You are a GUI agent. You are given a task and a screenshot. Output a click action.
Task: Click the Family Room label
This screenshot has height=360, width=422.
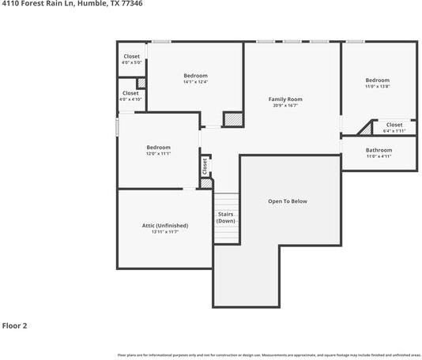click(285, 99)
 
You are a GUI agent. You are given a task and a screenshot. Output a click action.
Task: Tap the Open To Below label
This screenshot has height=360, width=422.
click(288, 201)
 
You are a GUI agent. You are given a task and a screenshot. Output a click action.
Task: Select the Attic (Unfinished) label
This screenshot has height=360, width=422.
click(165, 226)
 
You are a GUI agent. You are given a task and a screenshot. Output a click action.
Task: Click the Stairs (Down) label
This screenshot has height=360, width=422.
click(226, 217)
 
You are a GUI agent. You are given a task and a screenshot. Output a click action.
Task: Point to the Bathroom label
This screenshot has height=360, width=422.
click(379, 150)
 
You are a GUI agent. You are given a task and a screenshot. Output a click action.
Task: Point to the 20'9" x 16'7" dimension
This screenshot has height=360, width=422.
click(285, 105)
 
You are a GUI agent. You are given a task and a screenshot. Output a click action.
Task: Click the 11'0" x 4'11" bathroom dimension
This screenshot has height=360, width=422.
click(379, 156)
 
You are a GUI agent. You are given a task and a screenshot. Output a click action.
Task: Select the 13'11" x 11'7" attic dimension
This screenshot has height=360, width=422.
click(165, 232)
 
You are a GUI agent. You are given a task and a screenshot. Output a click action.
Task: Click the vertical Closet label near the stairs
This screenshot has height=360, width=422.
click(205, 166)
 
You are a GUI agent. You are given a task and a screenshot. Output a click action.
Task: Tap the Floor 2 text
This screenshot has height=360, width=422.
click(14, 324)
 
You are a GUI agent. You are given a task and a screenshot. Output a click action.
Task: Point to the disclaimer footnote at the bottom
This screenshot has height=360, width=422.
click(269, 355)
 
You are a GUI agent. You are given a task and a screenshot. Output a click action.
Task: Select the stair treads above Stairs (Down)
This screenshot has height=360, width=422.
click(226, 201)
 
